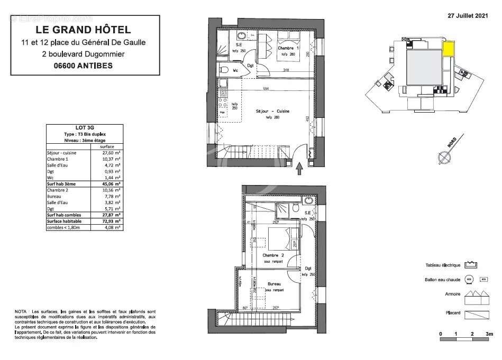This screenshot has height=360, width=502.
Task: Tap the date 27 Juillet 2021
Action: click(x=468, y=16)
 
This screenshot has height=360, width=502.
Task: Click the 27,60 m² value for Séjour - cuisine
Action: click(x=112, y=152)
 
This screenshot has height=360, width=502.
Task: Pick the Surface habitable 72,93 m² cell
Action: click(x=112, y=221)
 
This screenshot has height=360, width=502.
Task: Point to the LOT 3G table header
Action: click(x=85, y=127)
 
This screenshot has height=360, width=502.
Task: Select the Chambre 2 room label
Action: click(x=273, y=255)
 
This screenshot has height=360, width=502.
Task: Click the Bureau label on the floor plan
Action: click(x=274, y=284)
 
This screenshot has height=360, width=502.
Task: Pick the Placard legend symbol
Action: click(x=476, y=313)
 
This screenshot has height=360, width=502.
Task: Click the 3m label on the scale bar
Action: click(x=489, y=334)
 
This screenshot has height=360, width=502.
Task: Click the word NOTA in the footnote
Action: click(x=21, y=312)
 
